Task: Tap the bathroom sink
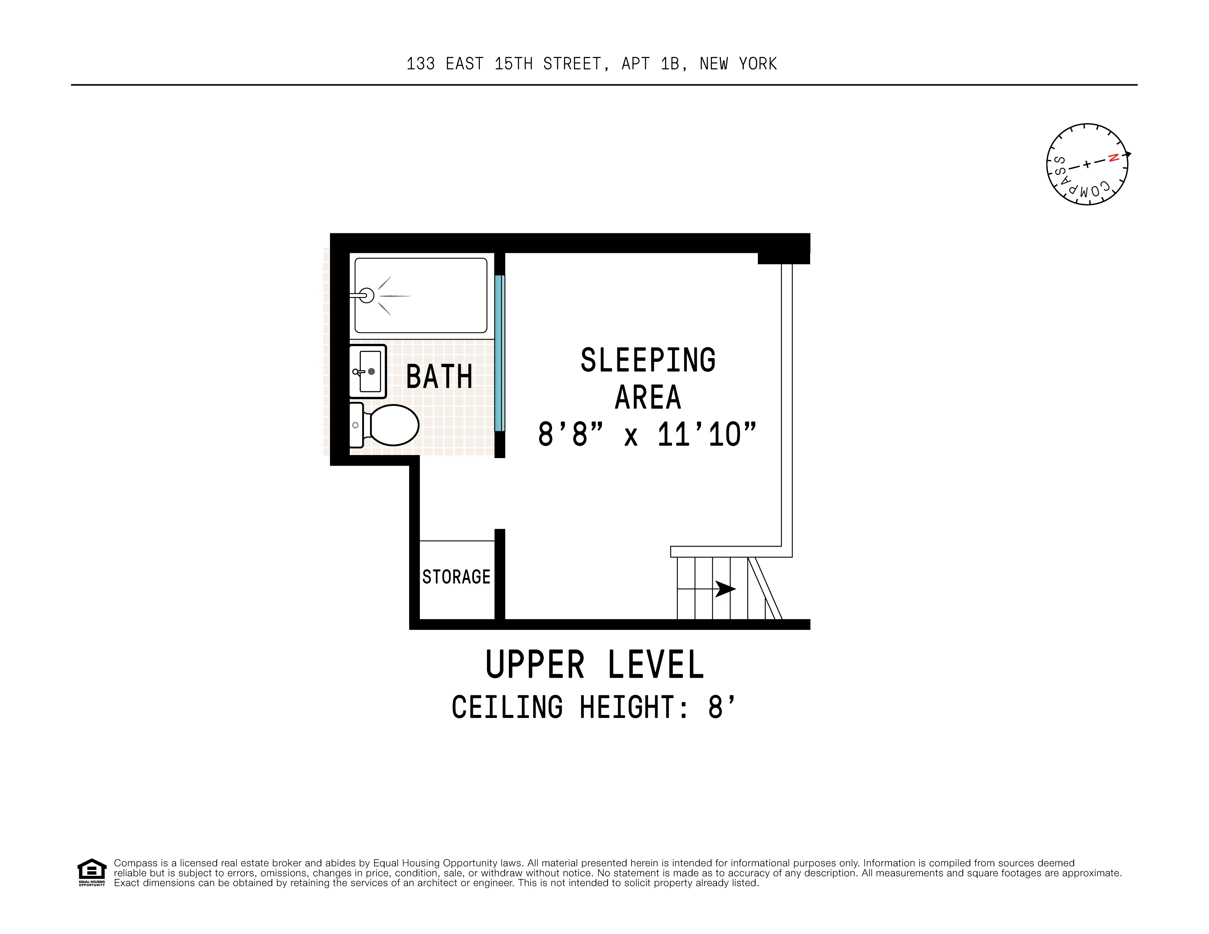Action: [x=367, y=371]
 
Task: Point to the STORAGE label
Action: [x=456, y=577]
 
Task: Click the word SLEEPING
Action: [x=648, y=360]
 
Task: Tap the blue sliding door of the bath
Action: [x=499, y=353]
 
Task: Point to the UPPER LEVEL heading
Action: [x=595, y=665]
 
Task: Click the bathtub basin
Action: [x=432, y=296]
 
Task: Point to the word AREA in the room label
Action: [x=648, y=398]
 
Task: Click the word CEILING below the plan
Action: [x=507, y=708]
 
